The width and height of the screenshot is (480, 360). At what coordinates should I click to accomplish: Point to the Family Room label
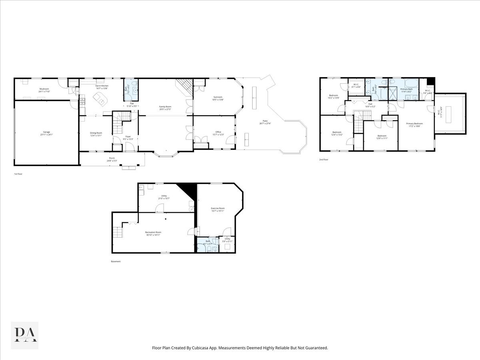[x=165, y=107]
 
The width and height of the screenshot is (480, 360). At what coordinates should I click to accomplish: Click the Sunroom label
[x=218, y=98]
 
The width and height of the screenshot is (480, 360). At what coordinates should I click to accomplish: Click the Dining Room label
[x=96, y=134]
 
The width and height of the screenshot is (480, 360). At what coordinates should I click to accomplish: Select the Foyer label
[x=128, y=137]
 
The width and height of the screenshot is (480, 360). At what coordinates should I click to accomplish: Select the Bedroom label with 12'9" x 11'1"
[x=382, y=136]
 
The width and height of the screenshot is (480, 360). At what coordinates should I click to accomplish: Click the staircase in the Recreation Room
[x=117, y=232]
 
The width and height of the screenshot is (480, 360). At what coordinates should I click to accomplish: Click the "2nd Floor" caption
[x=323, y=160]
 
